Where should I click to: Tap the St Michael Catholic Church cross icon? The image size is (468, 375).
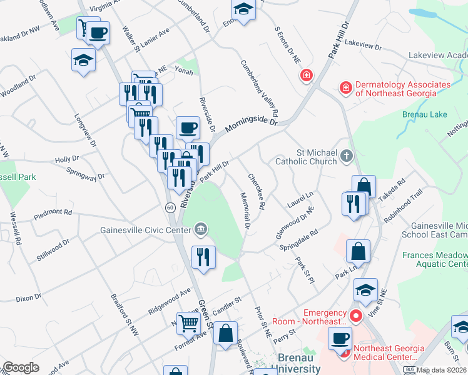347,156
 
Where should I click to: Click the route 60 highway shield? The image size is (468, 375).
170,207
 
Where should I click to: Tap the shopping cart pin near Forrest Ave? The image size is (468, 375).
188,323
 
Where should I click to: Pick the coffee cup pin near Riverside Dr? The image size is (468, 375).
188,127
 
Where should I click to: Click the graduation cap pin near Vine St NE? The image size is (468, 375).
365,289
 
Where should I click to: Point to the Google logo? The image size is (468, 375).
21,367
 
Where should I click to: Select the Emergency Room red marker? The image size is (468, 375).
356,316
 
